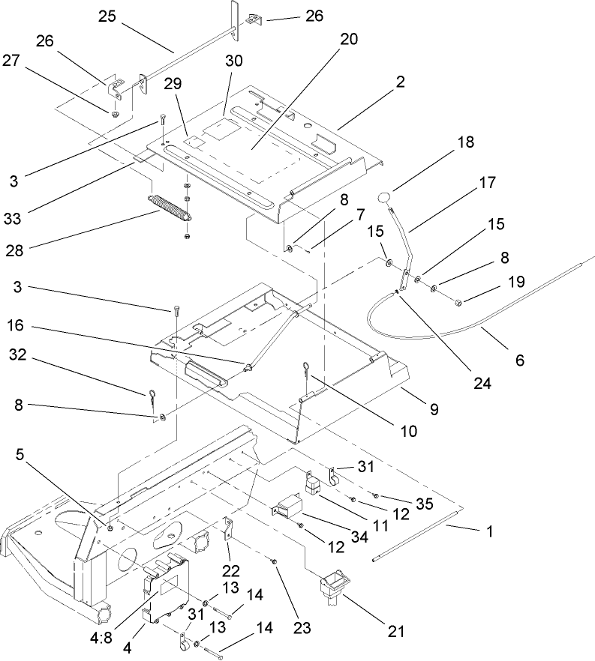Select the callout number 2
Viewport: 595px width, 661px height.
(401, 82)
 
